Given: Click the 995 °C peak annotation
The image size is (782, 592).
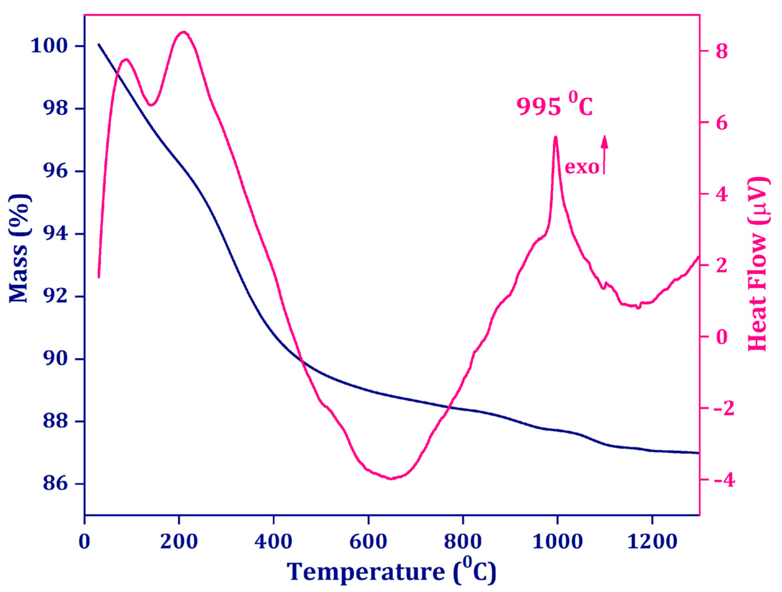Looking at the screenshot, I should (554, 106).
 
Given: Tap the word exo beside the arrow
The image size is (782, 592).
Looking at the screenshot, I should (582, 167).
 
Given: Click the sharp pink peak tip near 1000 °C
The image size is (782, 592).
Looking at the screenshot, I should (556, 137).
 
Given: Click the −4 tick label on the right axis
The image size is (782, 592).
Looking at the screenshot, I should (719, 480).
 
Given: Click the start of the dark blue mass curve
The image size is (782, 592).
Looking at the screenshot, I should (99, 44).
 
